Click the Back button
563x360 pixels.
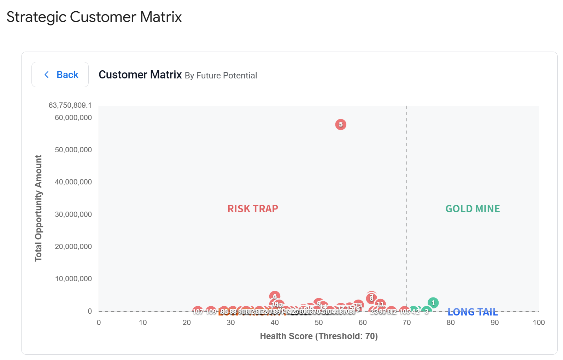pyautogui.click(x=60, y=75)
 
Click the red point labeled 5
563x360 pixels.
pyautogui.click(x=341, y=124)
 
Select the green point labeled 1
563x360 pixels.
pyautogui.click(x=433, y=303)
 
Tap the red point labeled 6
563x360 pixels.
pyautogui.click(x=275, y=296)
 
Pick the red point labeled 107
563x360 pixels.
pyautogui.click(x=198, y=311)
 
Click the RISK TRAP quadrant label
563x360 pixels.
pyautogui.click(x=253, y=209)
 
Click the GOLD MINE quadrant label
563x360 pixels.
pyautogui.click(x=473, y=209)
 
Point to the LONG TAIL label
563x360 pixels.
pyautogui.click(x=473, y=312)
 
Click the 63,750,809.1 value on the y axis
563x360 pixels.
pyautogui.click(x=70, y=105)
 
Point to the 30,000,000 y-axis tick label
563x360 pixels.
pyautogui.click(x=73, y=214)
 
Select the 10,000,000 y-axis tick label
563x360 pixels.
pyautogui.click(x=73, y=279)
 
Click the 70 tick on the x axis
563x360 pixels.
pyautogui.click(x=406, y=323)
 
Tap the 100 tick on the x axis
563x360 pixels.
pyautogui.click(x=539, y=323)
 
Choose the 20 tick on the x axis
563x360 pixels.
pyautogui.click(x=187, y=323)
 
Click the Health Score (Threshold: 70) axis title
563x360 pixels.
pyautogui.click(x=319, y=336)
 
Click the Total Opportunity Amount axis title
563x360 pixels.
pyautogui.click(x=39, y=208)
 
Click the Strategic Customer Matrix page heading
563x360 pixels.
pyautogui.click(x=94, y=17)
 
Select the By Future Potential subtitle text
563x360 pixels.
pyautogui.click(x=221, y=76)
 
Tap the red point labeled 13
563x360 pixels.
pyautogui.click(x=359, y=305)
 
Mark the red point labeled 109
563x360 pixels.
pyautogui.click(x=211, y=311)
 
